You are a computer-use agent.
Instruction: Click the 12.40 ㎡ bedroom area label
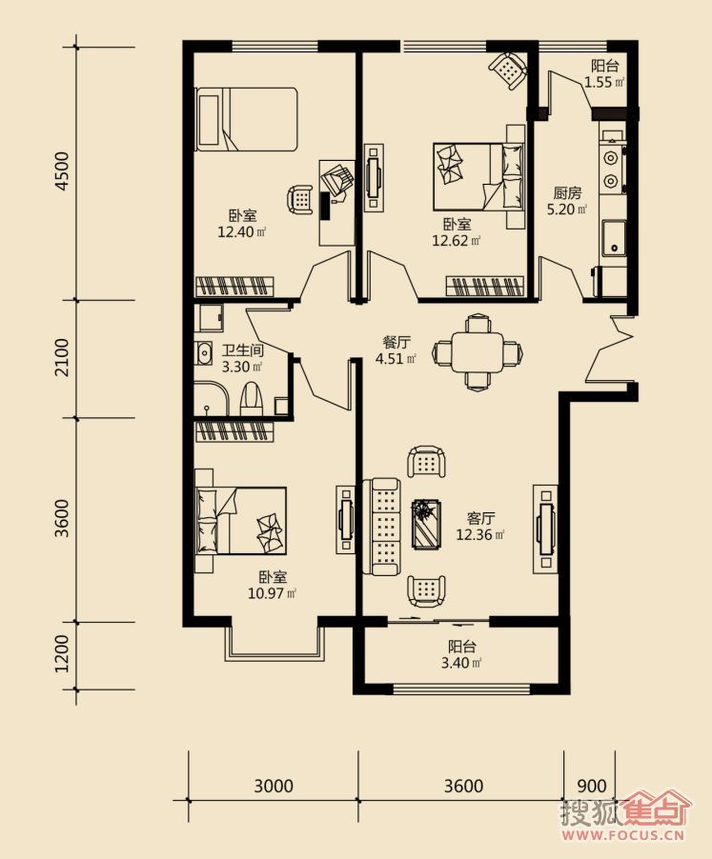pyautogui.click(x=242, y=231)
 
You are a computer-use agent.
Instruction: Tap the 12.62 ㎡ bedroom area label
pyautogui.click(x=456, y=241)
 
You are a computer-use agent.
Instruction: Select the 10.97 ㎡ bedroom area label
pyautogui.click(x=273, y=593)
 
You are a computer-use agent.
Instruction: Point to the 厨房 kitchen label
pyautogui.click(x=567, y=192)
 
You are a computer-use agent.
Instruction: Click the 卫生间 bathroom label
pyautogui.click(x=243, y=350)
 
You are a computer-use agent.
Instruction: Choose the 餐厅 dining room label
pyautogui.click(x=397, y=343)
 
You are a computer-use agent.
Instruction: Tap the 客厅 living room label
pyautogui.click(x=480, y=518)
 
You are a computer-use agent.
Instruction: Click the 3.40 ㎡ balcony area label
pyautogui.click(x=461, y=663)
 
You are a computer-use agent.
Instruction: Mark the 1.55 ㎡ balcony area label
pyautogui.click(x=604, y=83)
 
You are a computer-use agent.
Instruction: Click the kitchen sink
pyautogui.click(x=614, y=238)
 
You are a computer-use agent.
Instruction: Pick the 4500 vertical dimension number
pyautogui.click(x=64, y=170)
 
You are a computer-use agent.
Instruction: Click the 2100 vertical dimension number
pyautogui.click(x=64, y=357)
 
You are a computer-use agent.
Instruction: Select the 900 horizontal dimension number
pyautogui.click(x=592, y=786)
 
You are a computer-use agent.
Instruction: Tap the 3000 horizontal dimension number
pyautogui.click(x=274, y=786)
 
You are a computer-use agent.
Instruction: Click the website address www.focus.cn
pyautogui.click(x=622, y=835)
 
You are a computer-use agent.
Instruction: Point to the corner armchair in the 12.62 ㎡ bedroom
pyautogui.click(x=508, y=70)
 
